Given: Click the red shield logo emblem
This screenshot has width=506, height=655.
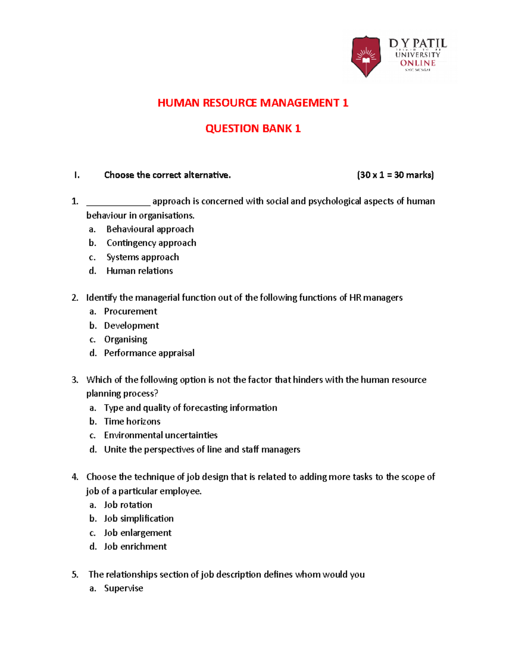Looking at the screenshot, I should (x=366, y=56).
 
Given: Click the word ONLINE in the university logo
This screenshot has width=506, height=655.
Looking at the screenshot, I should (x=417, y=63).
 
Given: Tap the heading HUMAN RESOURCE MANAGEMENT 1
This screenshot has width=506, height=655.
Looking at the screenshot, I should (x=253, y=103).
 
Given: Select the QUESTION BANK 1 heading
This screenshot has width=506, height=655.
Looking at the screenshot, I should (x=253, y=129).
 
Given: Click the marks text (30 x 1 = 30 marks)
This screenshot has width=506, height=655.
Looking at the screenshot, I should (x=395, y=175).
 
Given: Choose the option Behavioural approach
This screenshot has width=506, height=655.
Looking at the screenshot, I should (x=150, y=229).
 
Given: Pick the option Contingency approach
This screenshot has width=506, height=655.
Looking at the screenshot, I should (x=151, y=243).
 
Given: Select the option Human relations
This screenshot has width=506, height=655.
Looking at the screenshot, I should (x=140, y=271).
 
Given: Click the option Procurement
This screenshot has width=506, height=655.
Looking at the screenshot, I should (x=130, y=311).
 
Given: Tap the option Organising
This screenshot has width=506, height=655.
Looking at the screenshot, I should (x=126, y=340).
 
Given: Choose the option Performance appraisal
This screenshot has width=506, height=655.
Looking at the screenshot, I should (x=149, y=353).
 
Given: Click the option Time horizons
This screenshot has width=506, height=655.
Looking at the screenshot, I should (x=132, y=421).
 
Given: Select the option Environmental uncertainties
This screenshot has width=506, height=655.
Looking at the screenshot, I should (x=161, y=435).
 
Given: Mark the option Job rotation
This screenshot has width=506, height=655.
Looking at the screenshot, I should (x=128, y=505).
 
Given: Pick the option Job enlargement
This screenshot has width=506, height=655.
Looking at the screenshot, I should (x=137, y=533).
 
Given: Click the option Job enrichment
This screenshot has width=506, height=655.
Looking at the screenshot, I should (x=135, y=547).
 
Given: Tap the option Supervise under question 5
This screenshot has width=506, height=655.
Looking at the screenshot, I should (x=124, y=588).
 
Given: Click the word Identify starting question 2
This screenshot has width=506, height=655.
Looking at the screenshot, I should (x=101, y=298).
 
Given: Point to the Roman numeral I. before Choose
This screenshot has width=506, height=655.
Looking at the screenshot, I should (x=76, y=175).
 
